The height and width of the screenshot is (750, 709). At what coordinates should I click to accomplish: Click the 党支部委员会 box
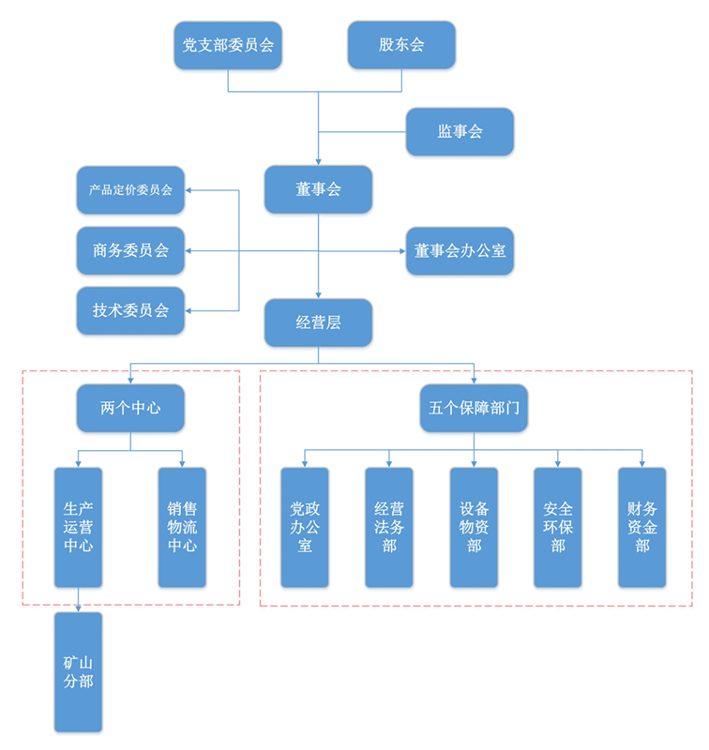[228, 45]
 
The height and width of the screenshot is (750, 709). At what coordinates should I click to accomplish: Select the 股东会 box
[401, 45]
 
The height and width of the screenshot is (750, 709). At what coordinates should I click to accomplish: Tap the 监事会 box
[460, 131]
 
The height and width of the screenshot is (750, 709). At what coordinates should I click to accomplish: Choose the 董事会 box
[318, 189]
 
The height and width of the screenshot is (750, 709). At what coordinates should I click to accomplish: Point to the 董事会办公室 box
[460, 250]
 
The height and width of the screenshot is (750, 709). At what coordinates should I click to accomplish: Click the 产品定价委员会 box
[130, 190]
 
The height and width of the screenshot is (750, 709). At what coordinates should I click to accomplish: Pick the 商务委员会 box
[130, 250]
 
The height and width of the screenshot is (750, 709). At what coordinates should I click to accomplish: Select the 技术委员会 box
[130, 310]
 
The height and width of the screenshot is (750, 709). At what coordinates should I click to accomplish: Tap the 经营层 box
[318, 322]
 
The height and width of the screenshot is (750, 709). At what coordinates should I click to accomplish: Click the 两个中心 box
[130, 408]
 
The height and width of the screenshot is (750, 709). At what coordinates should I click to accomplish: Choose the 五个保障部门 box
[474, 408]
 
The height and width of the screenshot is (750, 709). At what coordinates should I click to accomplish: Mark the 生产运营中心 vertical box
[78, 527]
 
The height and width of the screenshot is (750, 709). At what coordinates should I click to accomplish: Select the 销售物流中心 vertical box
[182, 527]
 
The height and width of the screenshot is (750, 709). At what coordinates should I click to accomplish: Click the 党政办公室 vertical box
[305, 527]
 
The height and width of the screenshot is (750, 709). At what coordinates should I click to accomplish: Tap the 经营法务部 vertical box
[389, 527]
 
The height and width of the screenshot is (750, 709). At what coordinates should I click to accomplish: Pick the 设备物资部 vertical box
[474, 527]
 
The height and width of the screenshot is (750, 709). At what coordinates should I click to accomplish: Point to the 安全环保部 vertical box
[558, 527]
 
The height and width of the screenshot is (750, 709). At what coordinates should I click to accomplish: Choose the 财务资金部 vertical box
[642, 527]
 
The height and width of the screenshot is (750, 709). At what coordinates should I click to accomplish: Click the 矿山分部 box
[78, 671]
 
